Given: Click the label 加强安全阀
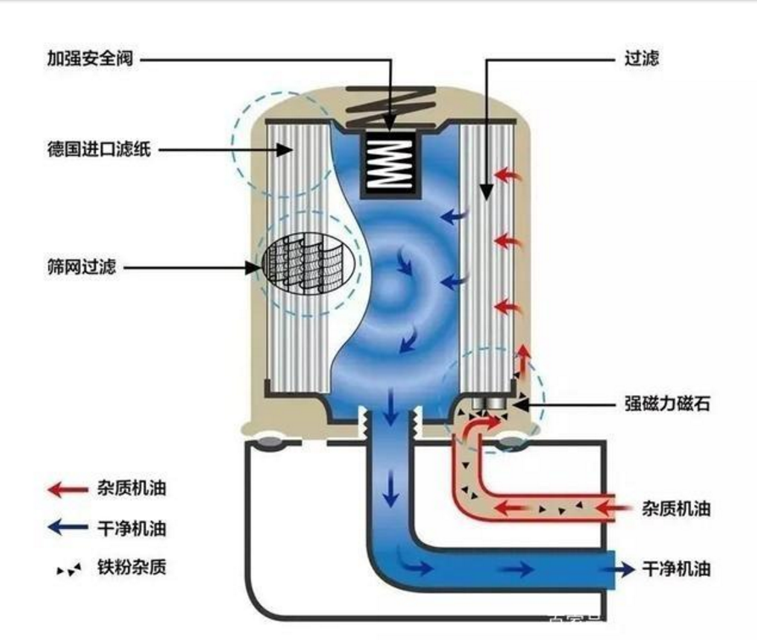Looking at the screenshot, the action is [90, 58].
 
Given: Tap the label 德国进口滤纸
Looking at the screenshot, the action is [99, 148].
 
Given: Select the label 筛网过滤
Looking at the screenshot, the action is [81, 266].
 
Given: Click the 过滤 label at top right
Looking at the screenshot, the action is [642, 58].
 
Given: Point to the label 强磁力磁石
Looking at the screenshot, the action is [667, 403].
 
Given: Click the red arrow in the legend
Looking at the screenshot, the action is [68, 489].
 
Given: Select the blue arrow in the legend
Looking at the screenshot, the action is [68, 527].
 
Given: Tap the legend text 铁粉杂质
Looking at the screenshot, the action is [131, 567].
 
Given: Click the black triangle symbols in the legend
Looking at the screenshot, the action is [69, 569].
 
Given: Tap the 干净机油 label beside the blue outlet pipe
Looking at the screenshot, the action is [676, 569].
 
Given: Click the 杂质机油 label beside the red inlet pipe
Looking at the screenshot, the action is [676, 509].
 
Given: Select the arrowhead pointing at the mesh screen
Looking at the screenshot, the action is [253, 267].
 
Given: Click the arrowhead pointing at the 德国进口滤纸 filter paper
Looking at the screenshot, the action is [286, 150].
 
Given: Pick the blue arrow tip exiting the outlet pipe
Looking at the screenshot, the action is [628, 569].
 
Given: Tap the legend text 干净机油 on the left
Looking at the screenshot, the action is [131, 528].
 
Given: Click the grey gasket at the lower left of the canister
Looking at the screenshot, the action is [270, 442].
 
